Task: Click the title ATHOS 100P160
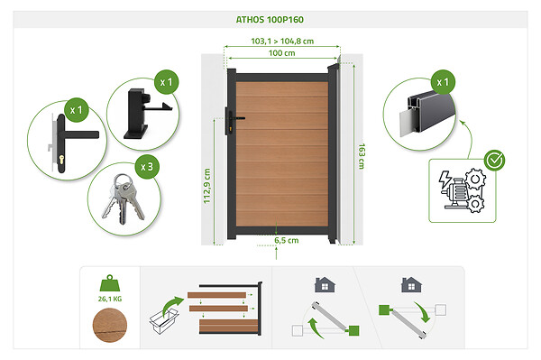tap(270, 20)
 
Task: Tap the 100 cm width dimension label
tap(282, 53)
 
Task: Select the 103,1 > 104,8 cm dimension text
tap(282, 42)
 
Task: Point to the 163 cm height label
tap(362, 156)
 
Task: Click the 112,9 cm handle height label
tap(206, 186)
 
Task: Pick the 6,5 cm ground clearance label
tap(287, 240)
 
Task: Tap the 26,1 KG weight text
tap(110, 299)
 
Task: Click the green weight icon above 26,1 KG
tap(110, 283)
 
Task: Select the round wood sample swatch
tap(110, 325)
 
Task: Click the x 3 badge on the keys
tap(147, 167)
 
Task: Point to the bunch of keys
tap(124, 199)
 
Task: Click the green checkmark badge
tap(494, 161)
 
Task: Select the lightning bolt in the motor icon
tap(445, 180)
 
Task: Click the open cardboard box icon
tap(164, 321)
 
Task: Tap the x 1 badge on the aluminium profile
tap(443, 82)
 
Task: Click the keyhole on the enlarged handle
tap(61, 160)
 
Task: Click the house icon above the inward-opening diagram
tap(325, 285)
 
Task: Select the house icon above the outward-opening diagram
tap(411, 285)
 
